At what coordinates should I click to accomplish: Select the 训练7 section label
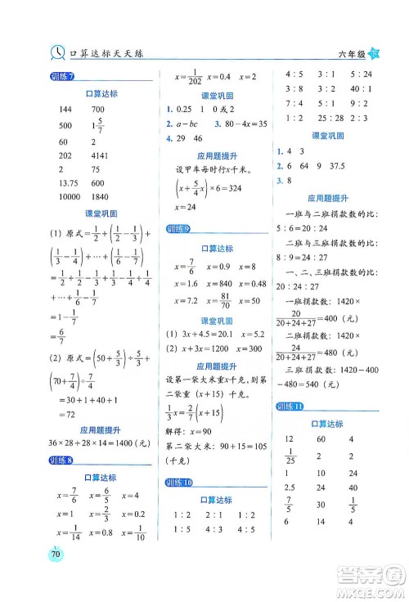[x=61, y=78]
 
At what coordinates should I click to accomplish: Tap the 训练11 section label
[x=290, y=407]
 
